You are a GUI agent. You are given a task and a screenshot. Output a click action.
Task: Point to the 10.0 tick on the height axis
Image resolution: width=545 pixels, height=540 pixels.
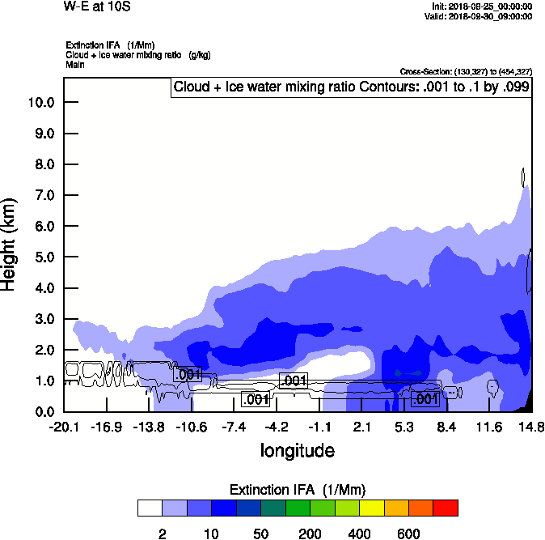[40, 103]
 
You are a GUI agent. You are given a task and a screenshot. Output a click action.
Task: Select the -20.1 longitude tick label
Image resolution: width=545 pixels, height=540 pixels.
[63, 427]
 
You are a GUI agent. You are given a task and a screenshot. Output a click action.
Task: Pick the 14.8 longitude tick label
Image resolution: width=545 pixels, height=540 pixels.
[530, 427]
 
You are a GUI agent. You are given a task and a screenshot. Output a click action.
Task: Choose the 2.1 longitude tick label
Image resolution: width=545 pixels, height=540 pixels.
[361, 427]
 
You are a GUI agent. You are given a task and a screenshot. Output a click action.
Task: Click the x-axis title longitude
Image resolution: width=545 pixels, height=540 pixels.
[297, 449]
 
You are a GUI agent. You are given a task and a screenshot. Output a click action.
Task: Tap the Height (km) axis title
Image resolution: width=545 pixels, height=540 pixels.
[10, 244]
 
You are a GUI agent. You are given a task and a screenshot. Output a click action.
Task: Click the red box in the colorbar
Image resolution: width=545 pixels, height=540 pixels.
[445, 508]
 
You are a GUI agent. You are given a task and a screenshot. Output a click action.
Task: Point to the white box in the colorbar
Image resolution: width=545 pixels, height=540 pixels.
[150, 508]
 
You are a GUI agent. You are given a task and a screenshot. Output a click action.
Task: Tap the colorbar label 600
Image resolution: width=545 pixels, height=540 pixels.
[408, 534]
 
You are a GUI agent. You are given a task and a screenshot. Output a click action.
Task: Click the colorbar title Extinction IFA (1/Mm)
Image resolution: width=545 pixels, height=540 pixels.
[298, 490]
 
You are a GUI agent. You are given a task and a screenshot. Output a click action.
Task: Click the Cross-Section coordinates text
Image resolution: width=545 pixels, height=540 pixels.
[466, 72]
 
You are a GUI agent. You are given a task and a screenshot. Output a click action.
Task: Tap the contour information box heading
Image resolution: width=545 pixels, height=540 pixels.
[352, 87]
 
